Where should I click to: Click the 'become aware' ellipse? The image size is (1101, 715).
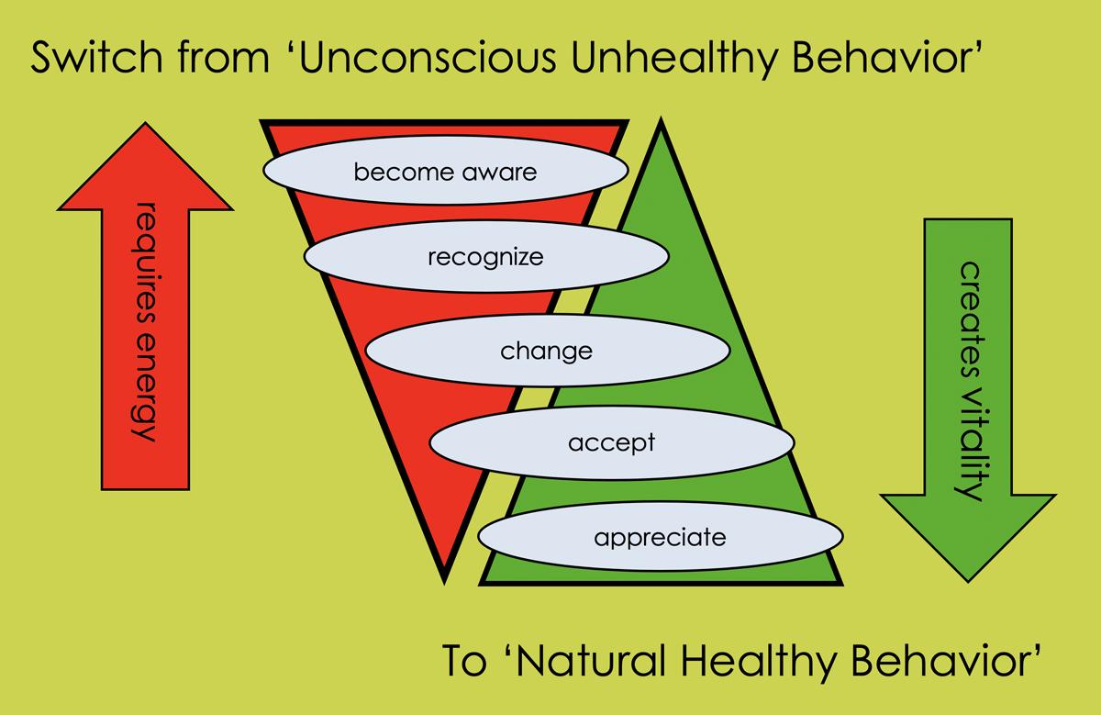tap(446, 171)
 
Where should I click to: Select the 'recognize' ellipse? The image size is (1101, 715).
tap(485, 257)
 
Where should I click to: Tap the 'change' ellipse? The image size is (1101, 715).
tap(547, 351)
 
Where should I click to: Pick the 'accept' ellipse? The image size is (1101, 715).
tap(611, 443)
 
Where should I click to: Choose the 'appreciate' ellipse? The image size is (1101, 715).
tap(660, 537)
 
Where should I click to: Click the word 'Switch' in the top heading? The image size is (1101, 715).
tap(86, 61)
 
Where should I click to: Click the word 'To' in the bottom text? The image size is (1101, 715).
tap(464, 660)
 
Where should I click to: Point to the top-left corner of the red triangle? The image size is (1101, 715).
tap(264, 121)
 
